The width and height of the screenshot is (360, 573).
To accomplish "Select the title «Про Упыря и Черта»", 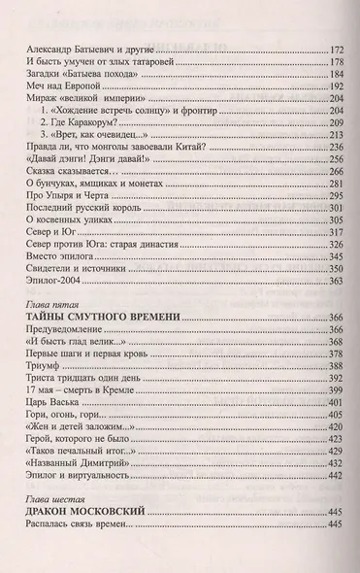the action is [x=61, y=234].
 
